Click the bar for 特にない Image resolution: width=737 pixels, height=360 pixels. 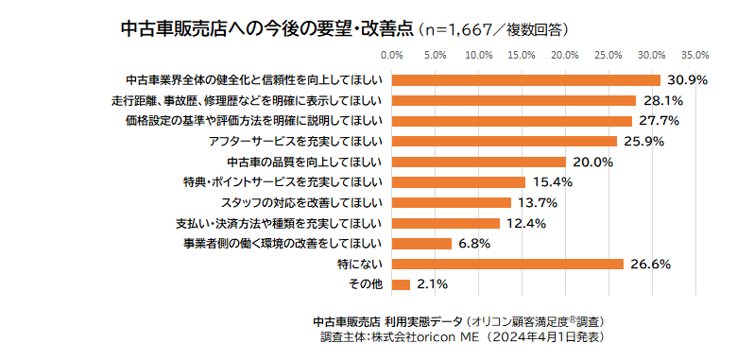[x=507, y=264]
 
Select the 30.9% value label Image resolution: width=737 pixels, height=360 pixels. [x=687, y=80]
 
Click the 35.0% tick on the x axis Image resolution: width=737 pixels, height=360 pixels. [x=695, y=54]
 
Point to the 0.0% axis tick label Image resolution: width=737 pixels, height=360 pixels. [x=392, y=54]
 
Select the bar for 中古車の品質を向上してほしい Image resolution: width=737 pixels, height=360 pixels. [x=478, y=162]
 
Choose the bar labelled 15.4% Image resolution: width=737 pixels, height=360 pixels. [x=458, y=182]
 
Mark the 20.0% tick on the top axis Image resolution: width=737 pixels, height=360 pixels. [x=565, y=54]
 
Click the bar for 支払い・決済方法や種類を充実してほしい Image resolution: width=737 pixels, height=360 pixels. [x=446, y=223]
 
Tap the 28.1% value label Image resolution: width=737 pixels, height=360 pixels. [x=662, y=100]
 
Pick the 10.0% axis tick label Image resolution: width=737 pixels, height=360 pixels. [x=478, y=54]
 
